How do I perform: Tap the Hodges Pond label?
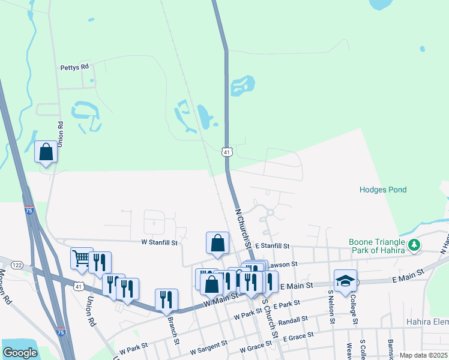pyautogui.click(x=383, y=190)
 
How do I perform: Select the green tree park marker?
pyautogui.click(x=414, y=245)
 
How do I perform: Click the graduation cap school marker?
pyautogui.click(x=345, y=281)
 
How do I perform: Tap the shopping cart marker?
pyautogui.click(x=81, y=259)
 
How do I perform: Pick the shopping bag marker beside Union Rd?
pyautogui.click(x=46, y=153)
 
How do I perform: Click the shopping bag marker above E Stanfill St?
pyautogui.click(x=217, y=244)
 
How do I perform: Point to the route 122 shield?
pyautogui.click(x=17, y=265)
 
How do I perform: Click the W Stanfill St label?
pyautogui.click(x=160, y=243)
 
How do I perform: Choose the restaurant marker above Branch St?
pyautogui.click(x=166, y=300)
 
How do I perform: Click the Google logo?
pyautogui.click(x=20, y=353)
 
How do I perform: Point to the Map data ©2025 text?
pyautogui.click(x=423, y=355)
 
